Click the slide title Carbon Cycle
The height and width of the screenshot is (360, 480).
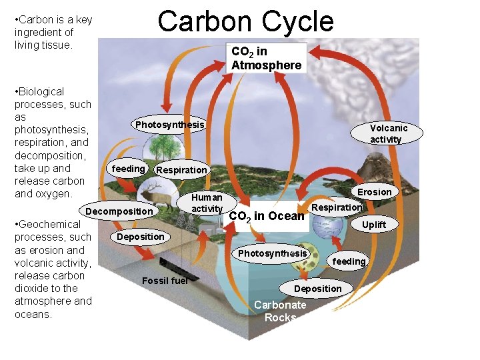pos(245,21)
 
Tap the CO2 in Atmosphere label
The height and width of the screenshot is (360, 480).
pos(266,58)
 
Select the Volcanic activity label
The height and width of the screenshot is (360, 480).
pos(389,133)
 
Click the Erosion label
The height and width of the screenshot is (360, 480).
pos(375,192)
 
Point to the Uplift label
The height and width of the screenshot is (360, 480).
pos(373,225)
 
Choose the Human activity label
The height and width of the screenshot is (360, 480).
pos(207,203)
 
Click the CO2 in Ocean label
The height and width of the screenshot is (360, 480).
pos(267,216)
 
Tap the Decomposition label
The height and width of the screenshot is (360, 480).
pos(119,211)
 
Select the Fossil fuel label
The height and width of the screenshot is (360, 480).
pos(165,280)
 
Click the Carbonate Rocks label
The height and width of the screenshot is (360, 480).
pos(281,311)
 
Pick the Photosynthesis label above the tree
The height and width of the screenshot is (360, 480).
pos(169,125)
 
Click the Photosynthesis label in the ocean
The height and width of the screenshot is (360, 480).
pos(273,253)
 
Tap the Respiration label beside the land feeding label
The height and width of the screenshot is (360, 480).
pos(181,170)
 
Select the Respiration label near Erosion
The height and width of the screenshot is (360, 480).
pos(337,207)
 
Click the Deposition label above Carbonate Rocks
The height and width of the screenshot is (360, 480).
pos(318,288)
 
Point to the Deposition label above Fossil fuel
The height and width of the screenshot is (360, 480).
pos(140,237)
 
